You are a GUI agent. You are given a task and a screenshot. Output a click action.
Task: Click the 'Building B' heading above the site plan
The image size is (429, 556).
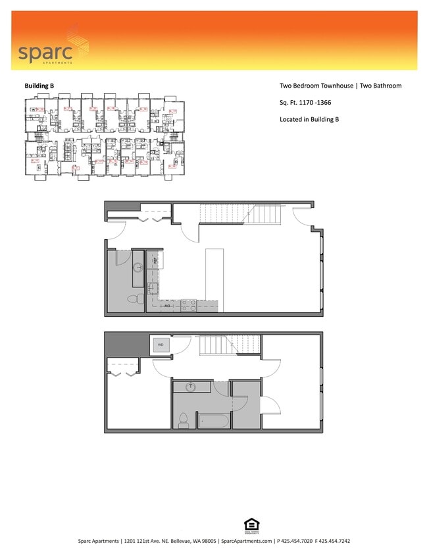point(39,86)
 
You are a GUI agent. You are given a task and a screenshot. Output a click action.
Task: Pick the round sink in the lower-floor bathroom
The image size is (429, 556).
point(138,268)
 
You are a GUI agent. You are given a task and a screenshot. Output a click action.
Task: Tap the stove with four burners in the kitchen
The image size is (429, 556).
point(188,306)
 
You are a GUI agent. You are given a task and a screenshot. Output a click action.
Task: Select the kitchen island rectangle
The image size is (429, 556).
point(215,280)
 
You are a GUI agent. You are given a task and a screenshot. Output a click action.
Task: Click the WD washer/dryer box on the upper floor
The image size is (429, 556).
point(161,344)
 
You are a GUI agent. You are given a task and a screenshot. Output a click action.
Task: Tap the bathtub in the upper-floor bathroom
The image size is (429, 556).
point(214,420)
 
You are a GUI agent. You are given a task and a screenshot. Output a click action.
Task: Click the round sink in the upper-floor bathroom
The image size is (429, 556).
point(191,387)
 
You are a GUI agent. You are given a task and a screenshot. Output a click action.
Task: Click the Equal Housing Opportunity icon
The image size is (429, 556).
point(251,525)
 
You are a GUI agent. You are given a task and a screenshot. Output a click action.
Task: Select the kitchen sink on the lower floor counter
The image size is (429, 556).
point(152,288)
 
